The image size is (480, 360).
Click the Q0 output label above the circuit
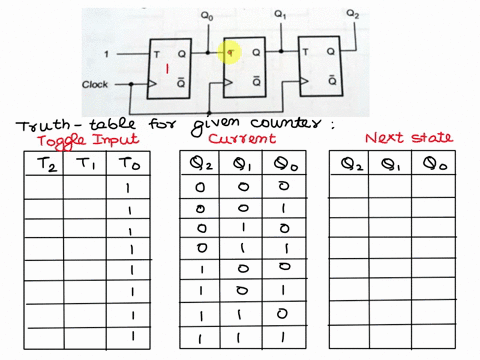click(207, 17)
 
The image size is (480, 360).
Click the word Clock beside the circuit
click(105, 84)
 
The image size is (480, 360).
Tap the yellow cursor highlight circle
click(228, 51)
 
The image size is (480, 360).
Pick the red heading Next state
click(408, 137)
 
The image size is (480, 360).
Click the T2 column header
click(44, 163)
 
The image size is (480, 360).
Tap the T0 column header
click(126, 163)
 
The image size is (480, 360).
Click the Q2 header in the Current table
click(200, 163)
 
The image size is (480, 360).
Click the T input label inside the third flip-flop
click(304, 51)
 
